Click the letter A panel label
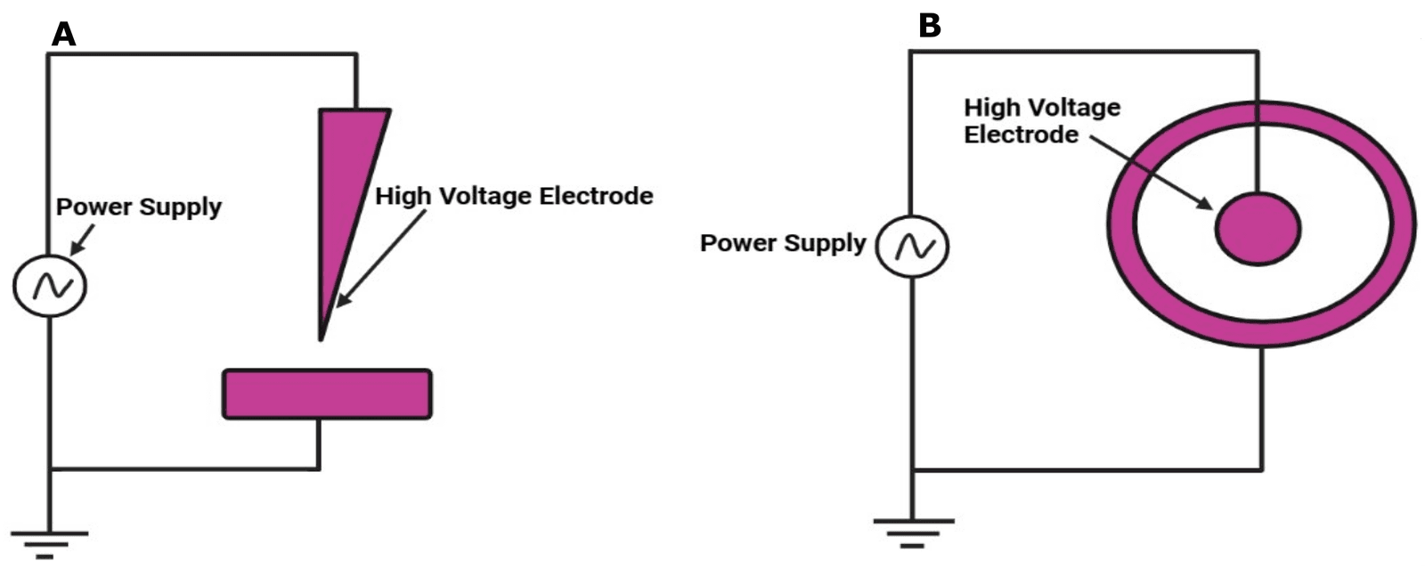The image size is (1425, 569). [64, 34]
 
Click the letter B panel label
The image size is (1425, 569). [929, 27]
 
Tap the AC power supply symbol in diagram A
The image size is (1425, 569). [50, 286]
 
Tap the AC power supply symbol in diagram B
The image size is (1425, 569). [912, 247]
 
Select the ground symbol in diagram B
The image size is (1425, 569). [912, 532]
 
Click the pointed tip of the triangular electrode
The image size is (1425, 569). [322, 337]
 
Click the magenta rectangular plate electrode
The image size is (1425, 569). [327, 394]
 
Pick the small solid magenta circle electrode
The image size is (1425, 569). [1258, 229]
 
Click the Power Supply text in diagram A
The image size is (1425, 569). [139, 207]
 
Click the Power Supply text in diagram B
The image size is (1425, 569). [783, 243]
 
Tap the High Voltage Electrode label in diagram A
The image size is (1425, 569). [514, 196]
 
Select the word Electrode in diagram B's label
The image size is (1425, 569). [1021, 135]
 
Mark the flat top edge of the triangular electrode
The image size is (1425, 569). [354, 110]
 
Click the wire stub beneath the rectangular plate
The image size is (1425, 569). [319, 443]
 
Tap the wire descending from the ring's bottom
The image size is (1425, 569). [1261, 405]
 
